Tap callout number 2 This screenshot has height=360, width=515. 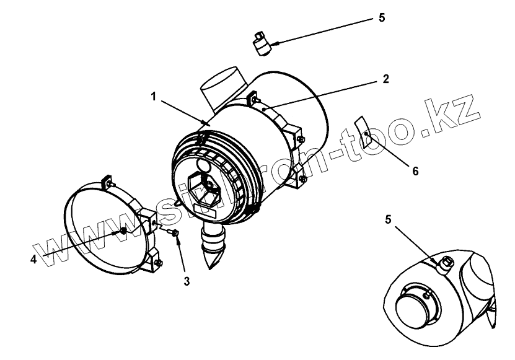click(x=385, y=79)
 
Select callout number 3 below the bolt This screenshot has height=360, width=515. click(x=186, y=281)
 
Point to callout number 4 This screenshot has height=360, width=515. click(x=33, y=259)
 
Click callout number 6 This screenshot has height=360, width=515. click(x=415, y=170)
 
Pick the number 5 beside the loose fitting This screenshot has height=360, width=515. click(x=382, y=17)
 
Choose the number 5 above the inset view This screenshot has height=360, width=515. click(x=389, y=219)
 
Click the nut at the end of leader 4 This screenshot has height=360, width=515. click(x=123, y=231)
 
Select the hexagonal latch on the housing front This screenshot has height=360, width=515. click(x=205, y=187)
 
